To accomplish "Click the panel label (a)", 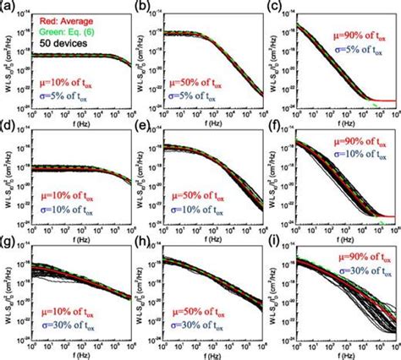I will (x=7, y=6).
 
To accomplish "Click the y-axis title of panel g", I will (x=7, y=298).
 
